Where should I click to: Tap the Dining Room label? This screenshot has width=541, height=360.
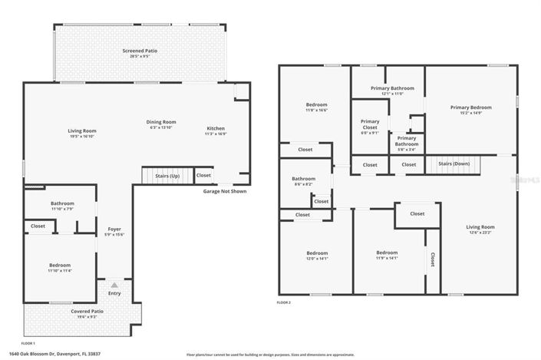click(x=162, y=122)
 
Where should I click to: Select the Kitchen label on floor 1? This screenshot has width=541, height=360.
click(x=216, y=128)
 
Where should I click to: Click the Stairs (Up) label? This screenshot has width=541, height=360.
click(x=167, y=176)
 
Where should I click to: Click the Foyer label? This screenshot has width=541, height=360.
click(x=114, y=229)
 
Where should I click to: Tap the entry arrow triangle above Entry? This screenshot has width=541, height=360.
click(x=114, y=284)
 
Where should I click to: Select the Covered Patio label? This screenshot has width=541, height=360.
click(x=87, y=311)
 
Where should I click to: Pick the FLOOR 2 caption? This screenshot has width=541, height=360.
click(x=284, y=302)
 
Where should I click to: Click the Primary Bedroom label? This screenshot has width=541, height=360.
click(x=470, y=107)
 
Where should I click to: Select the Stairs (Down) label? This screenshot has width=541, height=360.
click(x=454, y=163)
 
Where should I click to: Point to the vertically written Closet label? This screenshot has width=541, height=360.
click(x=432, y=260)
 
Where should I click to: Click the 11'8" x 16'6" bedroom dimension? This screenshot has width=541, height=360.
click(x=317, y=111)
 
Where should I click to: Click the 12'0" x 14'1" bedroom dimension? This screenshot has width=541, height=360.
click(x=317, y=259)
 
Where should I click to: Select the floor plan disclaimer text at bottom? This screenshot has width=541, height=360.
click(x=270, y=355)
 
